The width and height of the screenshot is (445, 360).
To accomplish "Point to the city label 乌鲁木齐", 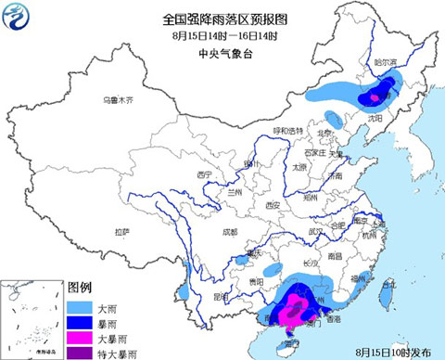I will (x=118, y=99).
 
